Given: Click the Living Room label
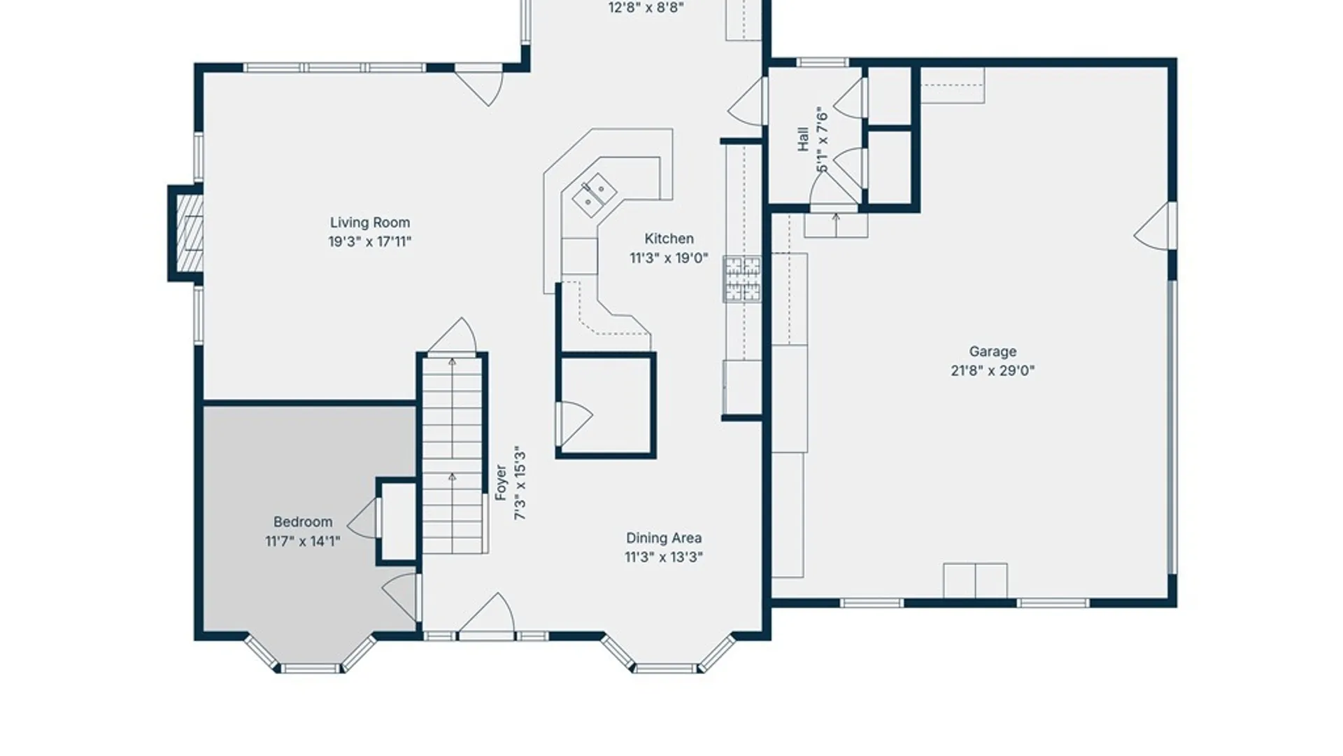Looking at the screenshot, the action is [x=370, y=223].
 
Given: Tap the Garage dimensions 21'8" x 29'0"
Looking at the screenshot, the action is [x=993, y=370].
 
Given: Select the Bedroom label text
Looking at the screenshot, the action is [x=303, y=521].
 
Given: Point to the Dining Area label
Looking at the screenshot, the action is [x=664, y=538].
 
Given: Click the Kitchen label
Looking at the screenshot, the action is [x=669, y=239].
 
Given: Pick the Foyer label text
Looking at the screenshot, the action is [x=501, y=482].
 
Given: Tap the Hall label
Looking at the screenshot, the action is [x=803, y=139].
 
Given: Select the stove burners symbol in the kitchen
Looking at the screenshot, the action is [x=742, y=279].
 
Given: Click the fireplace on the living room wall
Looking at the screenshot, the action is [x=185, y=234].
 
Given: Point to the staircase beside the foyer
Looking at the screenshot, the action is [x=453, y=455].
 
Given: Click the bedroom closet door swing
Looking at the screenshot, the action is [x=364, y=519].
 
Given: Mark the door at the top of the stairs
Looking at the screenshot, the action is [x=453, y=336].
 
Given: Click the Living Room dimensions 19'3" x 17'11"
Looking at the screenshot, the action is [x=370, y=241].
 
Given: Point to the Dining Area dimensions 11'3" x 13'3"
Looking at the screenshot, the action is [x=664, y=557].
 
